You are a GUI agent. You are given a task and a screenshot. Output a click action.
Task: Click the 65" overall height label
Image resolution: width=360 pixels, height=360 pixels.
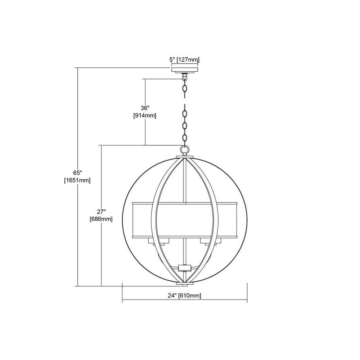78,172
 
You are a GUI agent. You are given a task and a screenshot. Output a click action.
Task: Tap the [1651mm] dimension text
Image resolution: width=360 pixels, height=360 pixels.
77,180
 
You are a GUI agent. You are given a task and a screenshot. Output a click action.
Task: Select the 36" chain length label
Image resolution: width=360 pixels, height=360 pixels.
145,108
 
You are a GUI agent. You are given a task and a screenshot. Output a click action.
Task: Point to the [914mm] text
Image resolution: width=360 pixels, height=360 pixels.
145,116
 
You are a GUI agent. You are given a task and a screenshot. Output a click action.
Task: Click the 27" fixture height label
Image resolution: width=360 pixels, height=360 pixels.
101,211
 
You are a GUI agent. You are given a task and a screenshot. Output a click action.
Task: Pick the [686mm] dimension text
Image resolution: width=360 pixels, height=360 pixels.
101,219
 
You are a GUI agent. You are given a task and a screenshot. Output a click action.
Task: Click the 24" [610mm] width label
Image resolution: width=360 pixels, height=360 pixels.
184,296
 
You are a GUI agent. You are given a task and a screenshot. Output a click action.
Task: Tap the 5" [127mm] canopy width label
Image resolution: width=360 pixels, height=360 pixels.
184,60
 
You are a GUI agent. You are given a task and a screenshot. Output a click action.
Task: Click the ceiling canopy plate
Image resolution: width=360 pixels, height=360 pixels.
185,70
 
